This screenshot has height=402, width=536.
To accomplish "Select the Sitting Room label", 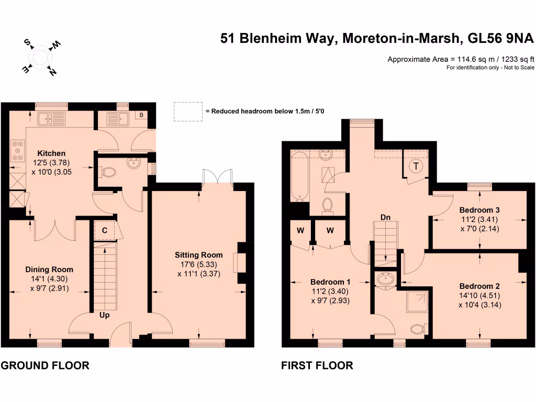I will (198, 255).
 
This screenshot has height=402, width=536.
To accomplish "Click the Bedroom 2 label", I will (479, 286).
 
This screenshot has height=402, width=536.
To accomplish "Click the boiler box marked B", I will (140, 115).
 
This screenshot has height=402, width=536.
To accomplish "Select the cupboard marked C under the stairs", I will (104, 230).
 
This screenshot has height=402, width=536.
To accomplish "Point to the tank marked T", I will (416, 166).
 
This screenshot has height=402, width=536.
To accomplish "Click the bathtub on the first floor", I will (300, 176).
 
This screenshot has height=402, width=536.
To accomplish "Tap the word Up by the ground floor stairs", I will (105, 315).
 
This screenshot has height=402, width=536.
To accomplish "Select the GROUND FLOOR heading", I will (44, 365).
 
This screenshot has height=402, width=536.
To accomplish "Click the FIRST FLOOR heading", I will (317, 365).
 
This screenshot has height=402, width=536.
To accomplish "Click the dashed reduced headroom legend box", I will (188, 110).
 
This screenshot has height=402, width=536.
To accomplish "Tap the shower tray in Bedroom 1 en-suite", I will (417, 303).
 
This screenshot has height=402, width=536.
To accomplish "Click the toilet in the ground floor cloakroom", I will (108, 171).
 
